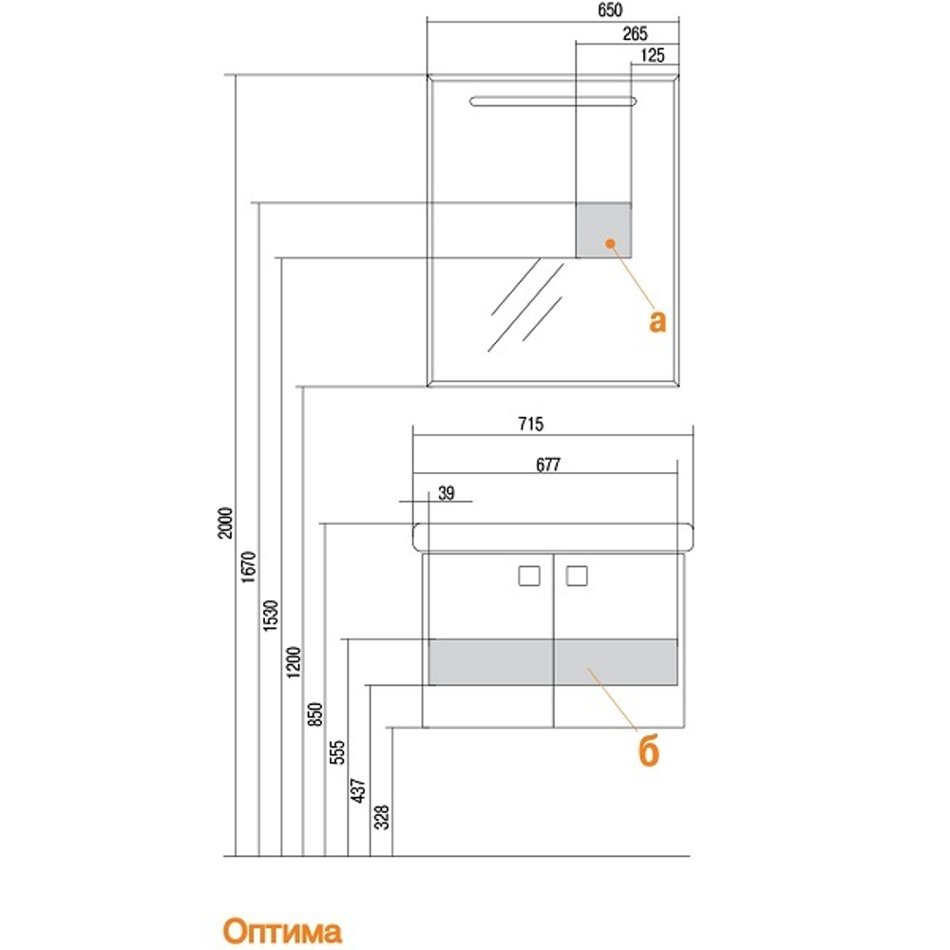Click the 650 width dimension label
[610, 10]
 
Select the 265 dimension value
[635, 33]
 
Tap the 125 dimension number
[653, 55]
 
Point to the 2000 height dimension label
[225, 522]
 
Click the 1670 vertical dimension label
[249, 567]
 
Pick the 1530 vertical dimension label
[271, 616]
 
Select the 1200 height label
[294, 662]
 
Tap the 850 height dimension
[315, 714]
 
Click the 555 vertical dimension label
[337, 751]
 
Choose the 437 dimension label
[359, 790]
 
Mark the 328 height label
[382, 817]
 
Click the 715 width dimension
[531, 424]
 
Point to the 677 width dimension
[548, 465]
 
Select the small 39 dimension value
[446, 493]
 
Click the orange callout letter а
[657, 320]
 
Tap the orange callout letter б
[649, 750]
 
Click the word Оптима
[282, 931]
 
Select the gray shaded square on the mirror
[603, 231]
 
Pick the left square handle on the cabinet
[529, 576]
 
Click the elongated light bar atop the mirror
[553, 102]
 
